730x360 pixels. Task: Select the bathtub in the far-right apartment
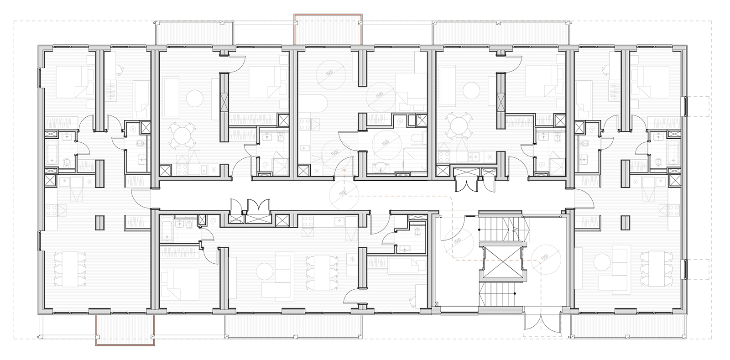click(x=673, y=150)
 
